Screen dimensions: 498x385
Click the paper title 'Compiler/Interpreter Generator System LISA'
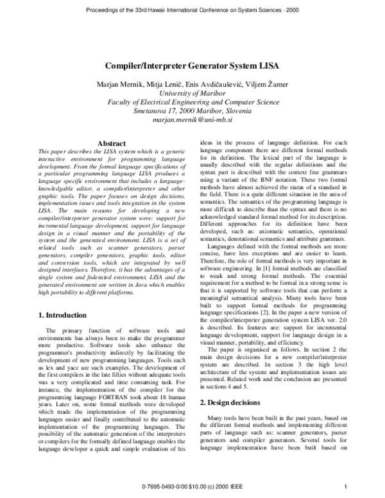(193, 65)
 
